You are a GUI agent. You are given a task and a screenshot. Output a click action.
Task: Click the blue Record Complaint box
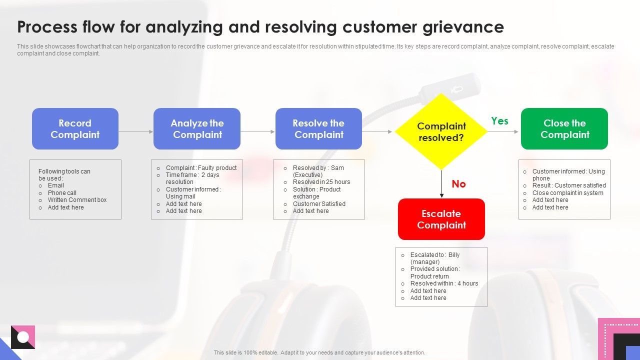(75, 129)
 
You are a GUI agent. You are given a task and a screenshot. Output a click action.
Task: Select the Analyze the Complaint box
(197, 129)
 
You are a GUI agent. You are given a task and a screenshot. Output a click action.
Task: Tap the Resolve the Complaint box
(318, 129)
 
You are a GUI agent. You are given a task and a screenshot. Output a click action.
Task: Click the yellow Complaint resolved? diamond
(441, 131)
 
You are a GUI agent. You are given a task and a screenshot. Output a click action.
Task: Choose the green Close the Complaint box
(564, 129)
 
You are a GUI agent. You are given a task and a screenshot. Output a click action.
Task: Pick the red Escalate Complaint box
(441, 219)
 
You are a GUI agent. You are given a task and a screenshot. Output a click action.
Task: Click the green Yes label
(499, 121)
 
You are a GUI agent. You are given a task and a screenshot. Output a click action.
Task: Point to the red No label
(458, 184)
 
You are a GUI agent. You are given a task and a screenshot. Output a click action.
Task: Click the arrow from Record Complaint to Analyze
(135, 132)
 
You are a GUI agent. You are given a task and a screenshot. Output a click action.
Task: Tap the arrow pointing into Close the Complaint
(503, 132)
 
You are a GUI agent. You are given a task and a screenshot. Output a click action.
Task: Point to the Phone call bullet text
(62, 193)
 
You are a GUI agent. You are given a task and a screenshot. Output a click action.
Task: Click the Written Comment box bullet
(77, 200)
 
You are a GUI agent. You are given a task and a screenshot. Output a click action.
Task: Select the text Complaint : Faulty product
(201, 168)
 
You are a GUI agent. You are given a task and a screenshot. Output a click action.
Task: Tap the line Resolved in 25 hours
(321, 182)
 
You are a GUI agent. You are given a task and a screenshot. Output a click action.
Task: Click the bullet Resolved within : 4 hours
(444, 283)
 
